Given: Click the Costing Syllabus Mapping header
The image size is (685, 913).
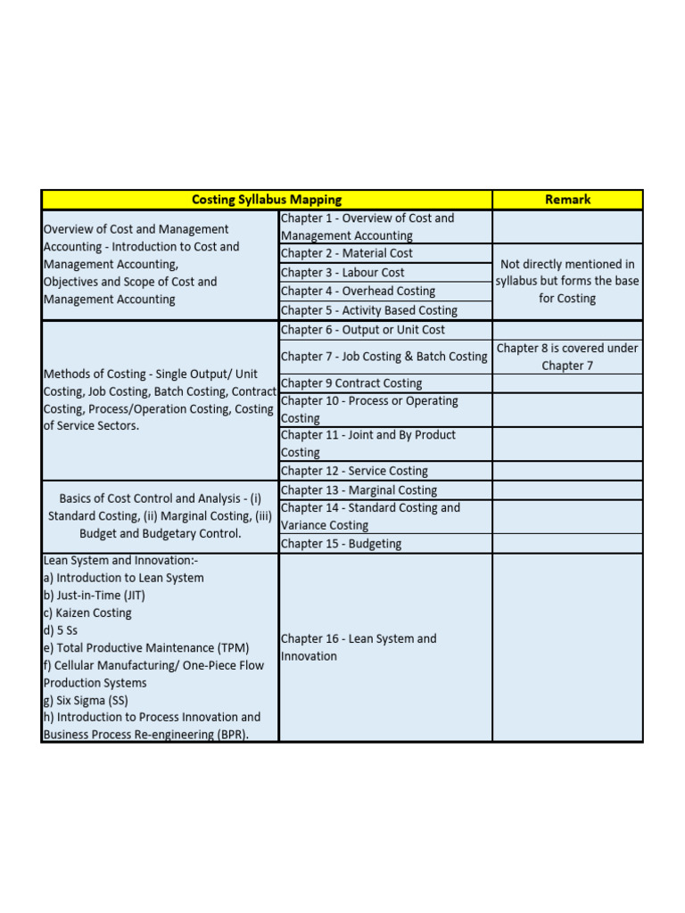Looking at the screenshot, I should [267, 200].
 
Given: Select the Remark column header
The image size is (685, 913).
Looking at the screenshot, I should [567, 200].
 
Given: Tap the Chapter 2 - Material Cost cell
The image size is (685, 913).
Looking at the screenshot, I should [347, 253].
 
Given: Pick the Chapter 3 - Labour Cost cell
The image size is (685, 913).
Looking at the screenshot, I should [342, 272].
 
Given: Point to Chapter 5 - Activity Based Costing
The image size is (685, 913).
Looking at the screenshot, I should [368, 310].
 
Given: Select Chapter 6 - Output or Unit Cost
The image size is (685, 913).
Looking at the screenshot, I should [362, 330].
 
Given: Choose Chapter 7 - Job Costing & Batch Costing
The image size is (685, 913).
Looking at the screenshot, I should [384, 357].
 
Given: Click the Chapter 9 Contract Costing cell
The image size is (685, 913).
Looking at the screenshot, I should [351, 383].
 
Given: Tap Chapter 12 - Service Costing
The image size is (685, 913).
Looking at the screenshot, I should [354, 471].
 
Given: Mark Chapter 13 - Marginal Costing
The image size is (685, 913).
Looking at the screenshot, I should [359, 490].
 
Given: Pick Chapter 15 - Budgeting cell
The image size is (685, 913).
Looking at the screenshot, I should [341, 544].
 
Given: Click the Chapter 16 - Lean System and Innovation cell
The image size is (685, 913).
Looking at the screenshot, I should [359, 647].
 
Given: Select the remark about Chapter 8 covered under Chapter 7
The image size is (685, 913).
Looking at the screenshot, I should [567, 357].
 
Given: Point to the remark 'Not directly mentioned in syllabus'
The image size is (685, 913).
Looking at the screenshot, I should [567, 281].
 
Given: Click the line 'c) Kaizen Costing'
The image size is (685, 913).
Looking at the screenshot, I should [87, 613].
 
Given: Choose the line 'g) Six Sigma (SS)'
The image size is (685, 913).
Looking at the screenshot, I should [86, 700].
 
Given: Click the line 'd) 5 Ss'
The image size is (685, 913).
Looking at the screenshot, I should [61, 630].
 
